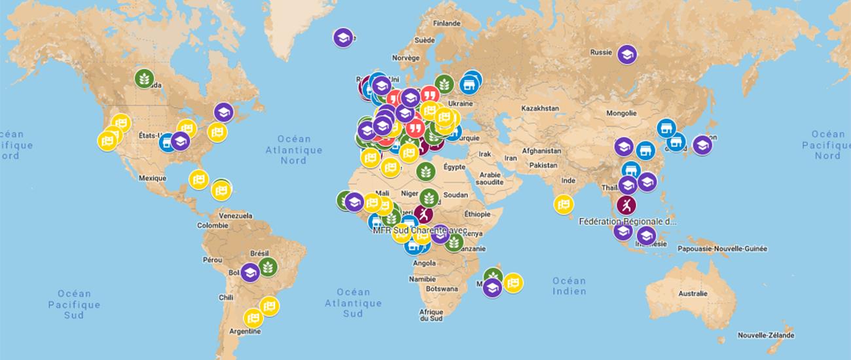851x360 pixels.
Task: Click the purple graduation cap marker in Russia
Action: tap(626, 54)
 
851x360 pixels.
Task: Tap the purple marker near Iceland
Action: tap(342, 37)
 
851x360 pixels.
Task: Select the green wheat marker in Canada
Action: tap(145, 78)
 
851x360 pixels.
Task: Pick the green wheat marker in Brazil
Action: tap(268, 266)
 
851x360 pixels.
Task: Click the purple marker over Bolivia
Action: tap(249, 272)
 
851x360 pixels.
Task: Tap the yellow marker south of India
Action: tap(564, 205)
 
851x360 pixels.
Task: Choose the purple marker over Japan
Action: tap(702, 145)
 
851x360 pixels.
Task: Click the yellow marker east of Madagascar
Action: tap(513, 283)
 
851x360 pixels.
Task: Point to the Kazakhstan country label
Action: tap(540, 107)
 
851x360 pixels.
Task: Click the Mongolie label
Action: tap(621, 113)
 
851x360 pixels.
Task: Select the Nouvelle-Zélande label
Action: tap(765, 335)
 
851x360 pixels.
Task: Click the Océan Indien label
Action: tap(568, 286)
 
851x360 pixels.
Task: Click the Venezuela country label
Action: tap(236, 215)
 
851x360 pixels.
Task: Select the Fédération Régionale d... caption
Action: tap(628, 221)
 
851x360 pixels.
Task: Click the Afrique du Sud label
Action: tap(431, 315)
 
